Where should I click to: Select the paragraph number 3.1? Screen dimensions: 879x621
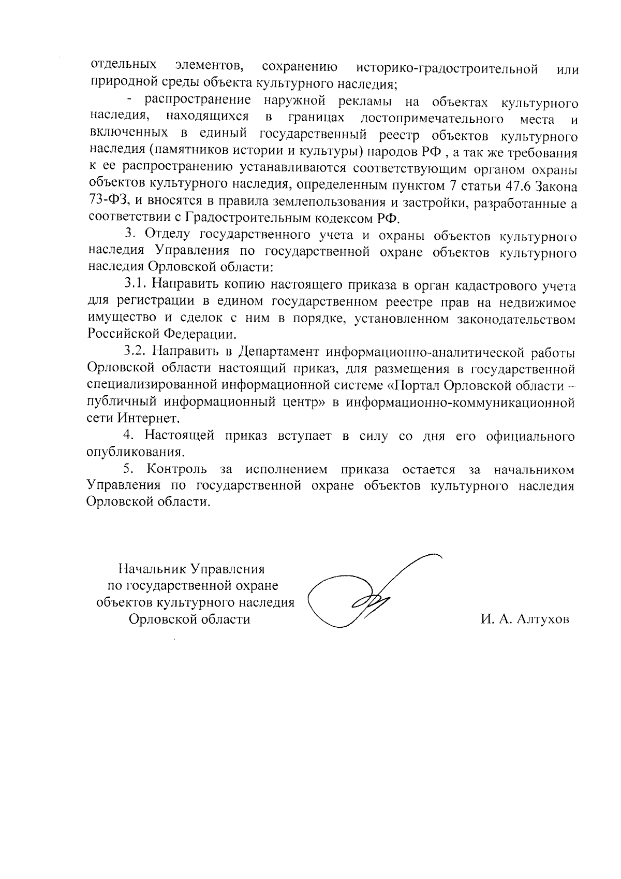click(136, 285)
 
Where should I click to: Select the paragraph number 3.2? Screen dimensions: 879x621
click(136, 352)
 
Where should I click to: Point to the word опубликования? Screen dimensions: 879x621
click(136, 452)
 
